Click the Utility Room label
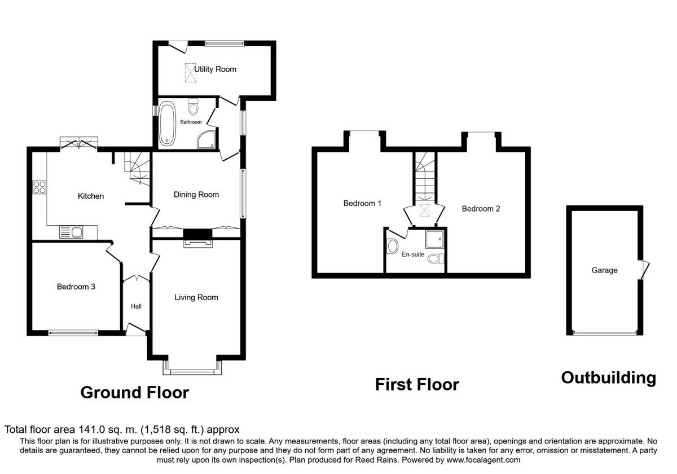(215, 69)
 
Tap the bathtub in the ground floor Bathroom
(167, 124)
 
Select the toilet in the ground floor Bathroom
(193, 107)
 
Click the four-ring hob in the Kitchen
(39, 187)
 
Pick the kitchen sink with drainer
(71, 232)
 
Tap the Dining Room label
(196, 195)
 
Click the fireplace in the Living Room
(198, 239)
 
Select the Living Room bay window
(192, 368)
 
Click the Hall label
(136, 306)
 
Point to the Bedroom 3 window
(73, 333)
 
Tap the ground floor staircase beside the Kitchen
(138, 168)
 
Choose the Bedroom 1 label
(362, 204)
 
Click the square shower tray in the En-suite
(434, 239)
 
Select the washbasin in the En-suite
(392, 246)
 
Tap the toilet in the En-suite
(436, 259)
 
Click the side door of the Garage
(644, 269)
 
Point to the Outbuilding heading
(609, 378)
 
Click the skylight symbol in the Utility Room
(191, 73)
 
